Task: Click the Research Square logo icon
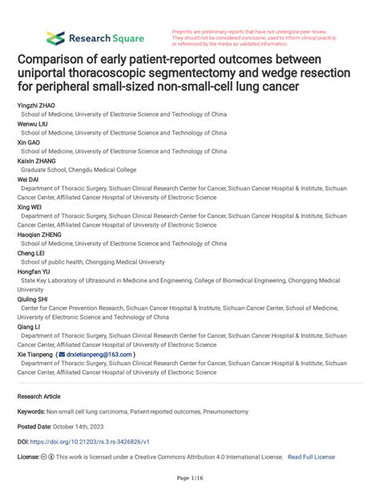tap(55, 38)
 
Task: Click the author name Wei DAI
tap(27, 178)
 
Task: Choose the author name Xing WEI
tap(29, 205)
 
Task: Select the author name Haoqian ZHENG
tap(37, 233)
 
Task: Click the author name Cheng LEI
tap(30, 252)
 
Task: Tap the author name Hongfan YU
tap(34, 271)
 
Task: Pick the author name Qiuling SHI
tap(34, 298)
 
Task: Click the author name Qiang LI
tap(28, 326)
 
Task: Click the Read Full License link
tap(311, 457)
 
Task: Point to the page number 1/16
tap(190, 478)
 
